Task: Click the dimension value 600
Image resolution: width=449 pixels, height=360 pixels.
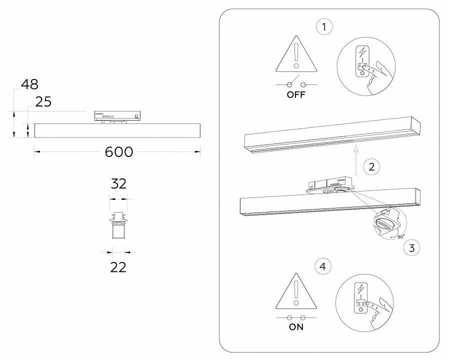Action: pos(119,152)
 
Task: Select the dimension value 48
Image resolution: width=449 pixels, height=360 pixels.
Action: pos(29,84)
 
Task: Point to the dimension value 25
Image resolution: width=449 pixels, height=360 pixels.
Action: pos(43,102)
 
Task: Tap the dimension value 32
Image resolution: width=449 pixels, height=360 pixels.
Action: pos(118,183)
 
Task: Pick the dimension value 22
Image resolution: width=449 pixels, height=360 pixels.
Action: pos(118,267)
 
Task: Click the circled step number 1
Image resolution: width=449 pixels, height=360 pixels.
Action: pos(325,27)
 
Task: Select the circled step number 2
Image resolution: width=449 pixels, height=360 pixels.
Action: pos(371,166)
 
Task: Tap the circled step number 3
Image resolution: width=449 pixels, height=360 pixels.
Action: pos(411,246)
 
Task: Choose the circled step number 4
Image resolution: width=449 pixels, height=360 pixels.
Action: pos(323,266)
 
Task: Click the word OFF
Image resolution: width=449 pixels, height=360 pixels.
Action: pos(296,94)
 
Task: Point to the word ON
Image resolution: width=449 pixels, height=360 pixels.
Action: pos(296,327)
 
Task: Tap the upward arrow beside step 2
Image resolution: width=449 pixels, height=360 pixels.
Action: pos(354,158)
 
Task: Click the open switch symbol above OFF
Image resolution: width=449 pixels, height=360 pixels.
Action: pos(296,83)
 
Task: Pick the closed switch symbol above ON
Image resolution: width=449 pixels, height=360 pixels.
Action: pos(296,317)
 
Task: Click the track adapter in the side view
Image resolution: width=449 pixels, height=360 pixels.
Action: pos(117,115)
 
